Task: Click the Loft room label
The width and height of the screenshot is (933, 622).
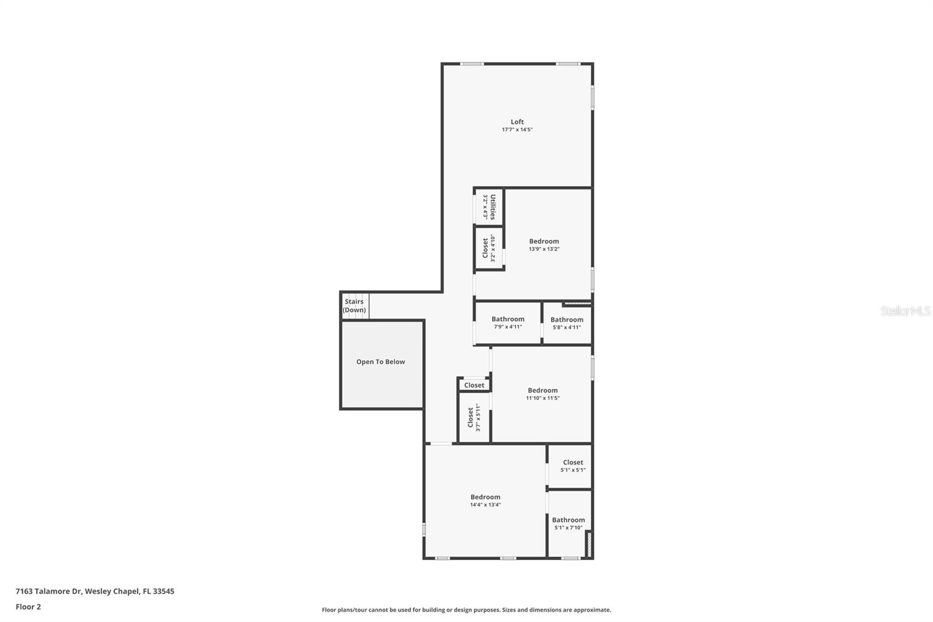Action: [517, 122]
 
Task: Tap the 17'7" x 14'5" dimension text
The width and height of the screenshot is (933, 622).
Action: [517, 130]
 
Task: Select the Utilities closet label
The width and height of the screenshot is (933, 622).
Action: [493, 207]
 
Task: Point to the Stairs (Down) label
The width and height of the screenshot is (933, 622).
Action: [354, 306]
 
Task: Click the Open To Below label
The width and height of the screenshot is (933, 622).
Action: [381, 362]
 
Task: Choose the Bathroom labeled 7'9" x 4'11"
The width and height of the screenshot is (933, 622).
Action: [508, 319]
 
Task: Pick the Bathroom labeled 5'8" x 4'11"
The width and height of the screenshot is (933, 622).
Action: [567, 320]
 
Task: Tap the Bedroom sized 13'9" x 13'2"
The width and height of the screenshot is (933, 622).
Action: [544, 241]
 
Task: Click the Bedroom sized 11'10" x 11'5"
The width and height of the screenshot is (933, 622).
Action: [543, 390]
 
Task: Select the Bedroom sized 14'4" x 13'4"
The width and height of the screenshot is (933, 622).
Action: [485, 497]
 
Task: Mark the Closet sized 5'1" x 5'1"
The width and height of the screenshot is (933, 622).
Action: [573, 462]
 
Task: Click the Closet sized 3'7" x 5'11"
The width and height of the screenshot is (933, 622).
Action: [471, 417]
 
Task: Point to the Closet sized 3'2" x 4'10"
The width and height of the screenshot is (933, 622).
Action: [485, 248]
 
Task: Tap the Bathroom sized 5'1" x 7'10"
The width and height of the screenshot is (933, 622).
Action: [569, 520]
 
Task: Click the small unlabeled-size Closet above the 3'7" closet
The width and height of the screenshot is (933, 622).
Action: [474, 385]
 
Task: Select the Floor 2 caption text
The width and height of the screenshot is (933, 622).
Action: [28, 607]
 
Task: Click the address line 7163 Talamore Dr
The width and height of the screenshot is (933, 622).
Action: [94, 591]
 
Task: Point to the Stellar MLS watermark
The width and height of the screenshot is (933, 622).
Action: [905, 311]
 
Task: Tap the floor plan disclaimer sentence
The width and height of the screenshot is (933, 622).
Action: [466, 610]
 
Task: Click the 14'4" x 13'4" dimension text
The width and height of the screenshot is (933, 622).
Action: [485, 505]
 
